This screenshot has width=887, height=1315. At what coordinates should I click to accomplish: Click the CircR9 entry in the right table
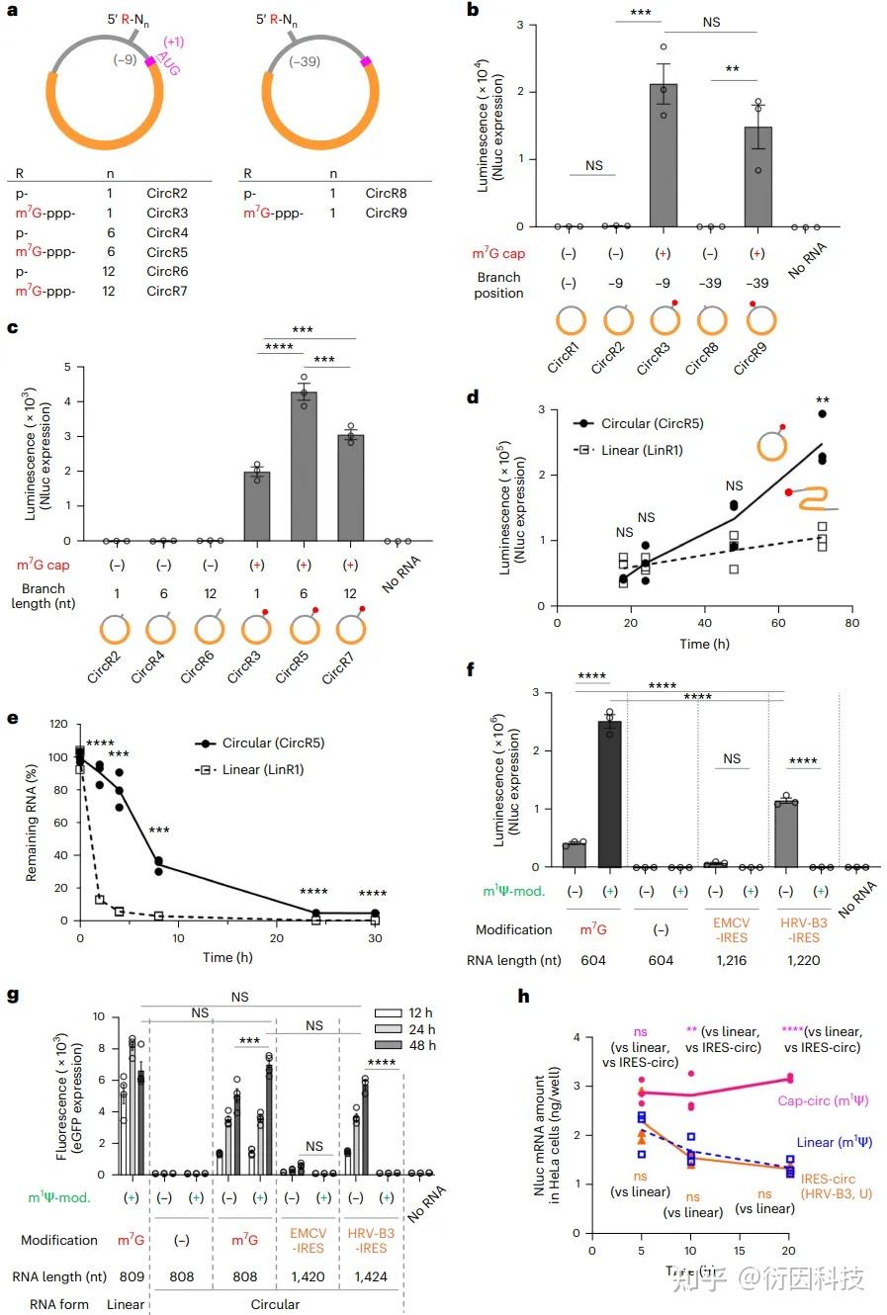click(x=386, y=213)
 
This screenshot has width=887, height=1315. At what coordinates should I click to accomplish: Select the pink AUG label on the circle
click(x=168, y=65)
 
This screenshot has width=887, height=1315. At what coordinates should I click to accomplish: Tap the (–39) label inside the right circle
click(x=305, y=61)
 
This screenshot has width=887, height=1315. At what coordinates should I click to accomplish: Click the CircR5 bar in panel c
click(x=304, y=465)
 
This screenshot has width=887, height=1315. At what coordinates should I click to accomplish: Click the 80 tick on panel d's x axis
click(x=851, y=624)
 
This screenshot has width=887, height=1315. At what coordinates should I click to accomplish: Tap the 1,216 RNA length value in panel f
click(x=732, y=960)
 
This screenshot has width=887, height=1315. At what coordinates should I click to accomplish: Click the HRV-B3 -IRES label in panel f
click(x=803, y=929)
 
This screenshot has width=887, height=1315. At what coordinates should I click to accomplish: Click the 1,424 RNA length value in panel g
click(x=372, y=1276)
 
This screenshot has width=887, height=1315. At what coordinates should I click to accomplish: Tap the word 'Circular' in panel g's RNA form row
click(x=275, y=1304)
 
